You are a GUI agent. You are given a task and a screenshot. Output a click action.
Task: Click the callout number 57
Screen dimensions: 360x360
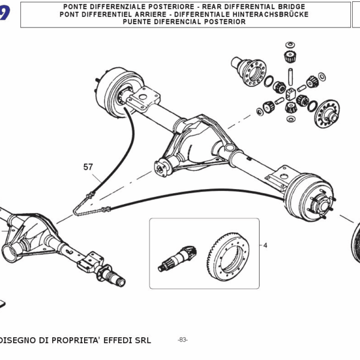88,166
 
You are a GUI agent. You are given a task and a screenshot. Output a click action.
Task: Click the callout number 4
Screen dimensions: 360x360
265,245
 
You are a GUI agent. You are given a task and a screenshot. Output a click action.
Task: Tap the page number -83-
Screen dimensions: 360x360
182,340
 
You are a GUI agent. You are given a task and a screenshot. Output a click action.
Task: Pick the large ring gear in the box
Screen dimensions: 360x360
230,254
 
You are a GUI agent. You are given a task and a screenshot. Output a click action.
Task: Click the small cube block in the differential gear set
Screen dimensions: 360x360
291,93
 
